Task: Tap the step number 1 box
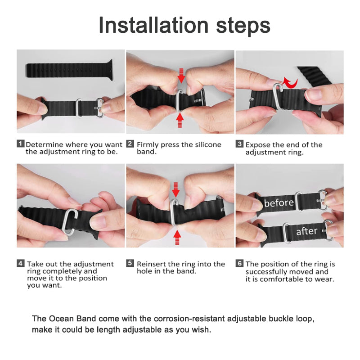pos(20,144)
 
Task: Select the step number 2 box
pos(130,144)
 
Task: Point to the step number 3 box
pos(239,144)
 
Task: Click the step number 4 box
pos(20,264)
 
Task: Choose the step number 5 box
pos(130,264)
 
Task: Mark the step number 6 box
pos(239,264)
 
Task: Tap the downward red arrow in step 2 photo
pos(181,75)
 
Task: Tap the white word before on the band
pos(279,203)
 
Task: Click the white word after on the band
pos(307,232)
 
